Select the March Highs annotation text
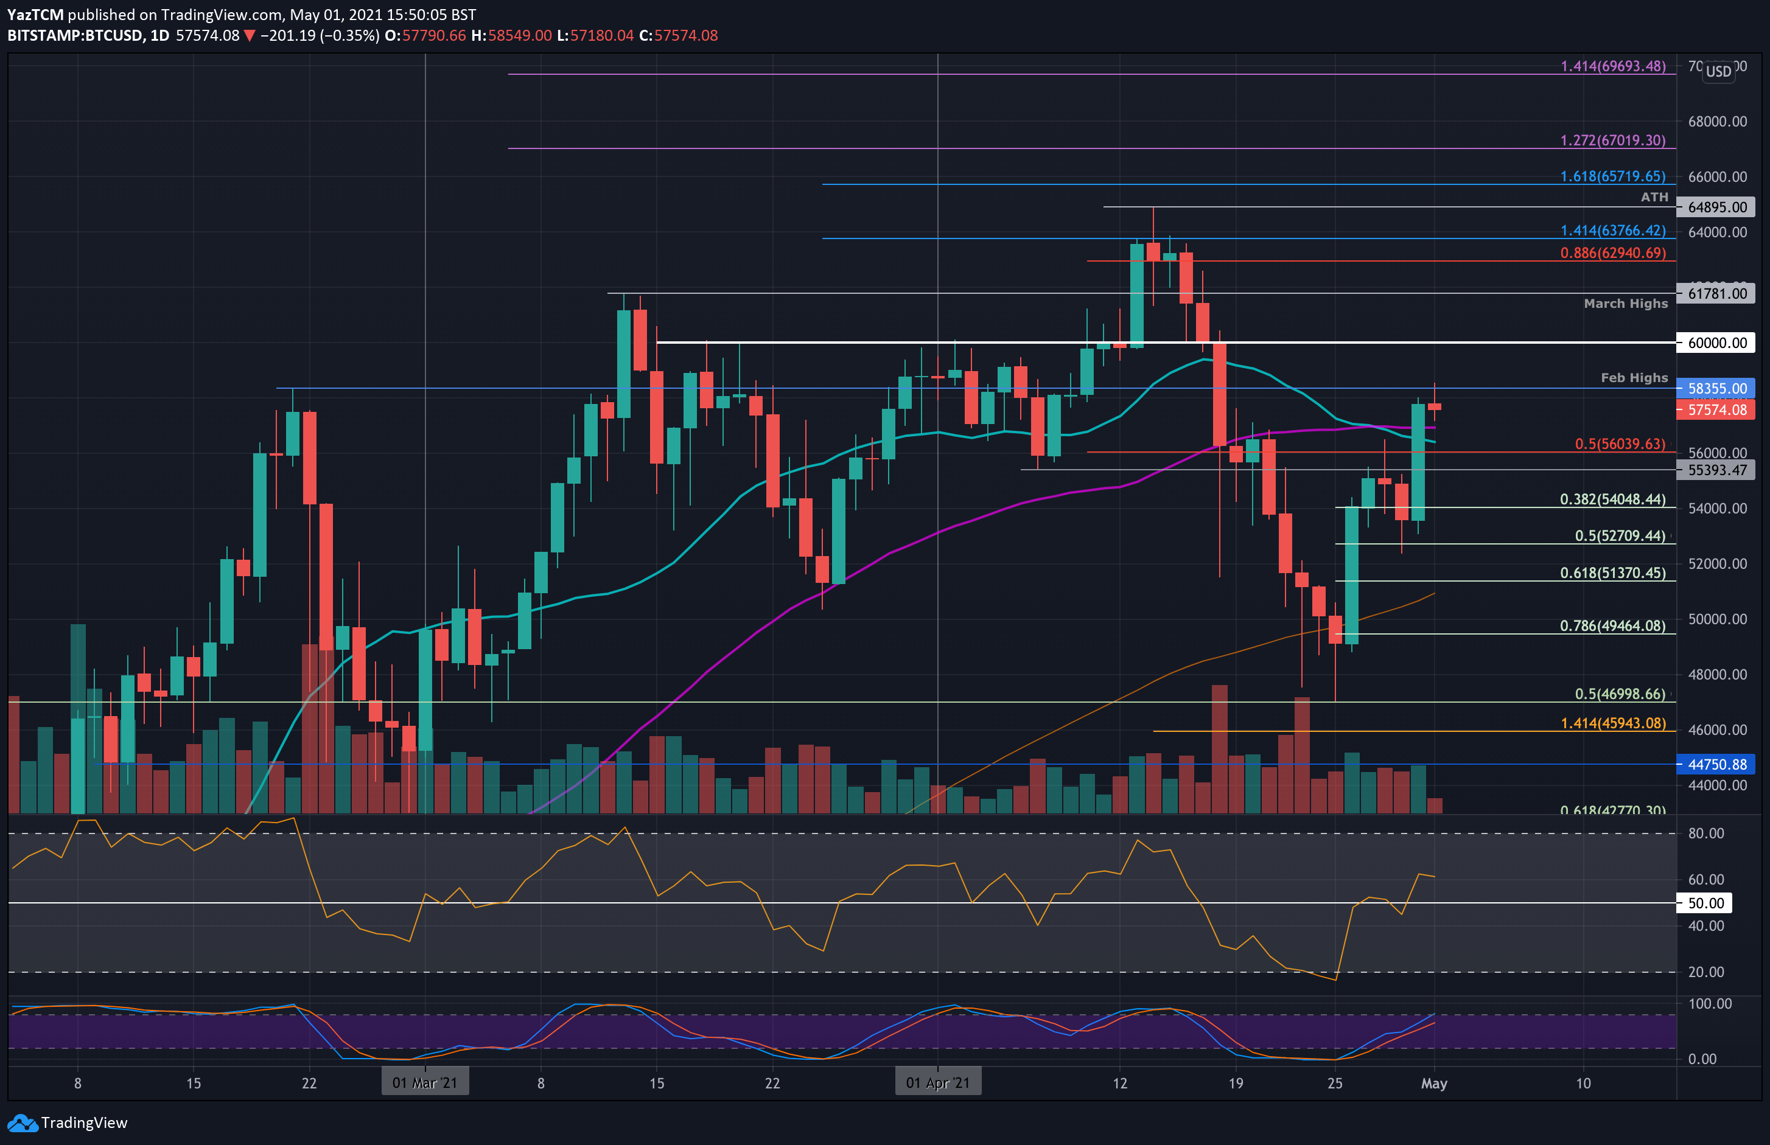pyautogui.click(x=1626, y=304)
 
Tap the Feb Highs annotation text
pyautogui.click(x=1634, y=378)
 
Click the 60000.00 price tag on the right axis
pyautogui.click(x=1716, y=343)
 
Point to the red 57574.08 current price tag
pyautogui.click(x=1716, y=409)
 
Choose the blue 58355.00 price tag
pyautogui.click(x=1716, y=388)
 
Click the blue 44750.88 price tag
pyautogui.click(x=1716, y=764)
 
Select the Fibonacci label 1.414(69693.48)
pyautogui.click(x=1612, y=66)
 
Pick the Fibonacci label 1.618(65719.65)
pyautogui.click(x=1612, y=176)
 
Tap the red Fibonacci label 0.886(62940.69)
pyautogui.click(x=1612, y=253)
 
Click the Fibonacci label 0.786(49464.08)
pyautogui.click(x=1612, y=626)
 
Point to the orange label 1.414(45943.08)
pyautogui.click(x=1612, y=723)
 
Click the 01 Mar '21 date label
pyautogui.click(x=425, y=1082)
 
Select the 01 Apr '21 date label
pyautogui.click(x=937, y=1082)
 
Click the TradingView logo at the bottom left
pyautogui.click(x=67, y=1122)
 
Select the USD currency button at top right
pyautogui.click(x=1718, y=71)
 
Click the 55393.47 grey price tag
pyautogui.click(x=1716, y=470)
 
